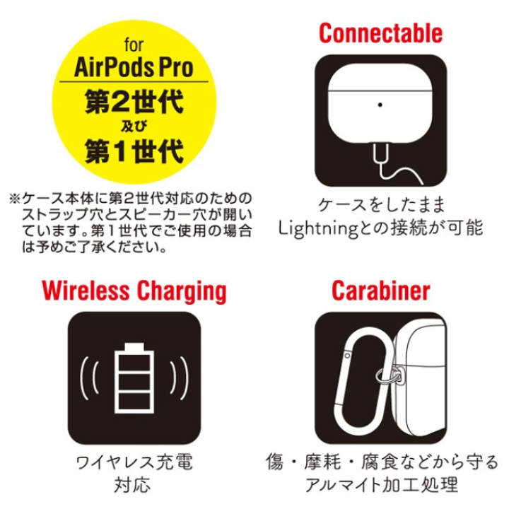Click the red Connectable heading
pyautogui.click(x=380, y=33)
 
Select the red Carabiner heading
pyautogui.click(x=380, y=290)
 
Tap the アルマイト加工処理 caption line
pyautogui.click(x=380, y=486)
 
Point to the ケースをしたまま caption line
pyautogui.click(x=380, y=205)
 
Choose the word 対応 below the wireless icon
pyautogui.click(x=132, y=486)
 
